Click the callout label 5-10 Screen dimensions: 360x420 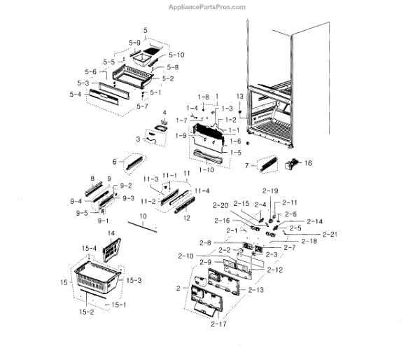pos(176,55)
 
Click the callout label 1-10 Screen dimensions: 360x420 pos(207,170)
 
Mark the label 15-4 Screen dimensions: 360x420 pos(90,248)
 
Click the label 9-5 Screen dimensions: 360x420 pos(82,213)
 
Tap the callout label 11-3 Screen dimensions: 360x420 pos(149,180)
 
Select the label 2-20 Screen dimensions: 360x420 pos(219,205)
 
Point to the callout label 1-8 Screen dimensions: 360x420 pos(203,96)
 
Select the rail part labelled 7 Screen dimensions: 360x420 pos(268,165)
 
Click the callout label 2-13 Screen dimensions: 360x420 pos(256,289)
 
